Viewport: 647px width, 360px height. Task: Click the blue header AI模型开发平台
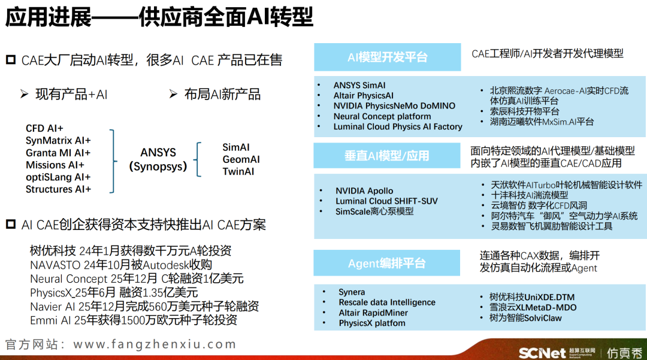[x=387, y=57]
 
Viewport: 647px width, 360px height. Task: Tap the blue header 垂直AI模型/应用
[x=386, y=156]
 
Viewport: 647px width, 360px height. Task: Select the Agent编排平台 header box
[x=386, y=263]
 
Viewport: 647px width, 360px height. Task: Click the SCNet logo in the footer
[x=542, y=353]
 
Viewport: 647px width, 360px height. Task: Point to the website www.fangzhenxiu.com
[x=155, y=344]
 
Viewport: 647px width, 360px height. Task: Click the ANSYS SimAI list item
[x=359, y=86]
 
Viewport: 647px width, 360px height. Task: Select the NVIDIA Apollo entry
[x=364, y=191]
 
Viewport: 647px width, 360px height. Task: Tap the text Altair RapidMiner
[x=373, y=313]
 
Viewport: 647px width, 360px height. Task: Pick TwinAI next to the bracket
[x=238, y=171]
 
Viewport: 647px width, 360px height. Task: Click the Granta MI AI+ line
[x=58, y=153]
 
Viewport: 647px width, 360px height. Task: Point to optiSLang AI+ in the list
[x=58, y=177]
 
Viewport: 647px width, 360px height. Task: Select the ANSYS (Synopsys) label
[x=158, y=159]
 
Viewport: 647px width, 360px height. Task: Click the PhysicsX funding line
[x=114, y=293]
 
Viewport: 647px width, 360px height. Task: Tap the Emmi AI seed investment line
[x=133, y=320]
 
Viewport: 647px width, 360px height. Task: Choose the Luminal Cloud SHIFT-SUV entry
[x=386, y=201]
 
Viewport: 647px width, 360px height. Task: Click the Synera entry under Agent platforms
[x=352, y=292]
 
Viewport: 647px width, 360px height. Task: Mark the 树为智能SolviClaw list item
[x=525, y=318]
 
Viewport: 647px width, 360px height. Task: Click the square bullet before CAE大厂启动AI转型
[x=11, y=60]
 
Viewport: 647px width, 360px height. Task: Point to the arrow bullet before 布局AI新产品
[x=173, y=95]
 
